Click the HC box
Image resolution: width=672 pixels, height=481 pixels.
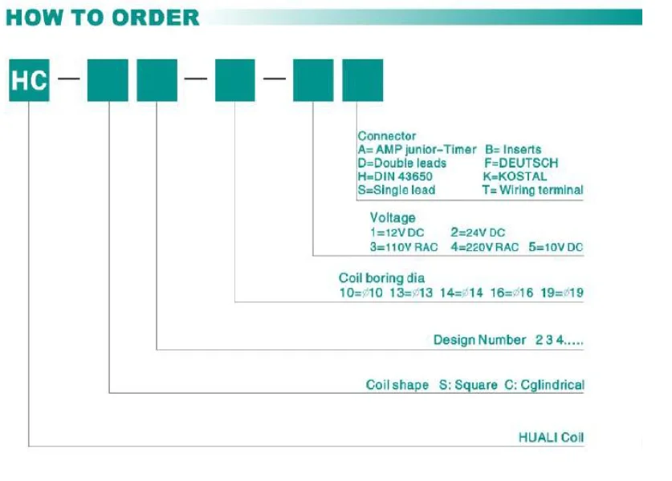tap(29, 80)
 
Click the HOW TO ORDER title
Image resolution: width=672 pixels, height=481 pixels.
tap(102, 17)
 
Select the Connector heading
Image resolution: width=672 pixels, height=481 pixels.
tap(387, 136)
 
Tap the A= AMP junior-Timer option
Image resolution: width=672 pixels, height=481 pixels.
tap(417, 150)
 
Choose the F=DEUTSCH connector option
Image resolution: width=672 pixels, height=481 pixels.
tap(521, 164)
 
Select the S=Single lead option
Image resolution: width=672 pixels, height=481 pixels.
tap(397, 190)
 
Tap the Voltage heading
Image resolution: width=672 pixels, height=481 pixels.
tap(393, 217)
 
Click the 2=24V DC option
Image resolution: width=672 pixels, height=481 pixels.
tap(477, 232)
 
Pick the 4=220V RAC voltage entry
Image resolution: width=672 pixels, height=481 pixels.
tap(484, 247)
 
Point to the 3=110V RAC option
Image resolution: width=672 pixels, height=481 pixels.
tap(404, 247)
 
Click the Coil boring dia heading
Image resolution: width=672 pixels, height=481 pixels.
tap(382, 278)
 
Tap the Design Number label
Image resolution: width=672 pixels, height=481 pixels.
tap(480, 340)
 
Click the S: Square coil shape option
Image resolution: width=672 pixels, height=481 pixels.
tap(468, 385)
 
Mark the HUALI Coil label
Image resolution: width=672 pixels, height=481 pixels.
tap(552, 438)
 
